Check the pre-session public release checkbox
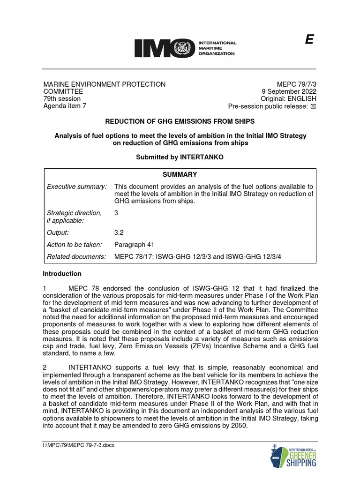(x=314, y=106)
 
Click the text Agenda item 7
(x=65, y=106)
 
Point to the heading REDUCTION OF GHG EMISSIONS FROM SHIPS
(x=180, y=122)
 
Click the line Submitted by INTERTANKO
(x=180, y=157)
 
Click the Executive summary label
(x=77, y=187)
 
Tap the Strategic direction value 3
(x=116, y=213)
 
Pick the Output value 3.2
(x=119, y=232)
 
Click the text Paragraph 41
(x=134, y=245)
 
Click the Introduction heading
(x=62, y=274)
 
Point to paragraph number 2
(x=45, y=367)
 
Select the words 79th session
(x=62, y=99)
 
